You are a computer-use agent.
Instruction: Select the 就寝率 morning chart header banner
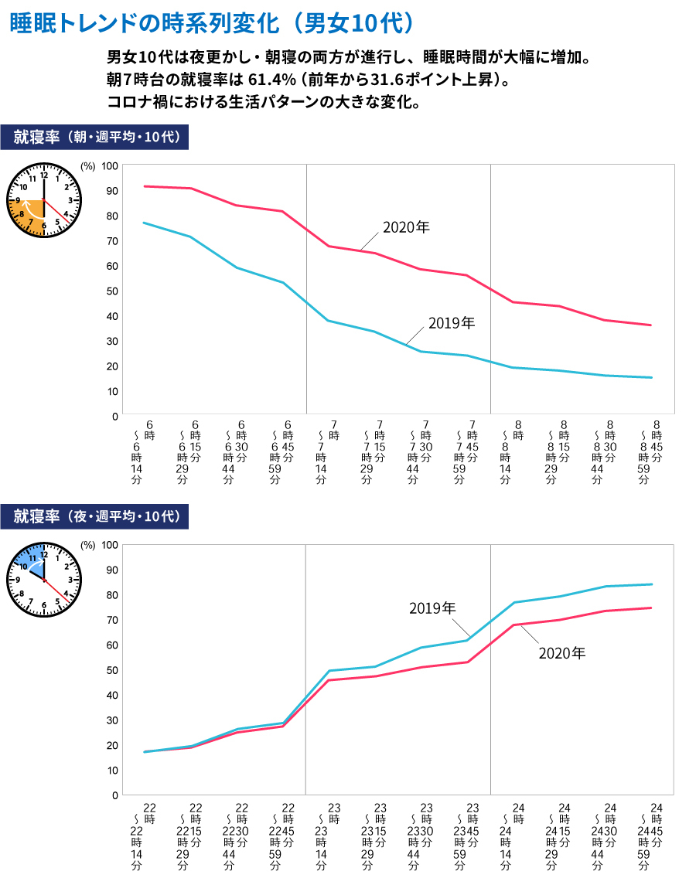point(95,137)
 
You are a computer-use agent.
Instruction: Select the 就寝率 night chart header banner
point(95,516)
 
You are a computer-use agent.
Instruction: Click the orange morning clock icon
point(44,200)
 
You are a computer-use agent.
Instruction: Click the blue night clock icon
point(44,580)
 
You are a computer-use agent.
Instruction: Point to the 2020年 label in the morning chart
point(405,228)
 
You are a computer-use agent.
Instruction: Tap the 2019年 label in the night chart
point(432,608)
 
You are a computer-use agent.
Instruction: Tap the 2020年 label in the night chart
point(562,653)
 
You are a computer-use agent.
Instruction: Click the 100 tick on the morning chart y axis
point(111,165)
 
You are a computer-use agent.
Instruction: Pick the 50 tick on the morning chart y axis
point(113,291)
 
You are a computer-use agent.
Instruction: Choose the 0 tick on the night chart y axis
point(114,795)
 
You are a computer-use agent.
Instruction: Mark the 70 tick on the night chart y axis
point(112,620)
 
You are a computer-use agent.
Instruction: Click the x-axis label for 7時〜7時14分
point(329,452)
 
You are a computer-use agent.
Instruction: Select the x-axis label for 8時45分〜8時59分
point(651,452)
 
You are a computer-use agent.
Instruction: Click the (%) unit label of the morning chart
point(87,165)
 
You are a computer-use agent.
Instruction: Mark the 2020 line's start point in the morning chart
point(145,186)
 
